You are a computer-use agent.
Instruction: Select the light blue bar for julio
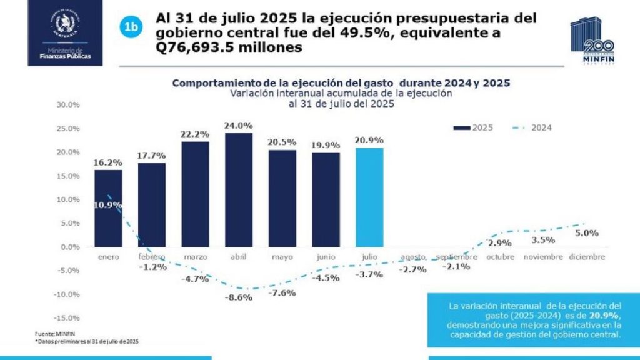pos(369,197)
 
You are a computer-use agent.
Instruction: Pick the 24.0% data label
pos(238,126)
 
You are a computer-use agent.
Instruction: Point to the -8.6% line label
pos(239,298)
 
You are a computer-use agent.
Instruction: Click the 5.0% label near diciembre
pos(587,232)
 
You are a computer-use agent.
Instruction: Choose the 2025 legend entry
pos(473,127)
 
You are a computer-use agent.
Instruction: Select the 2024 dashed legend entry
pos(531,127)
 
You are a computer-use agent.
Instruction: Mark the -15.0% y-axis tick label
pos(66,318)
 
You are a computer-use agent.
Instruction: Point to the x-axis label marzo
pos(195,257)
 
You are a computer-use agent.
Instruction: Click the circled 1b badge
pos(131,26)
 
